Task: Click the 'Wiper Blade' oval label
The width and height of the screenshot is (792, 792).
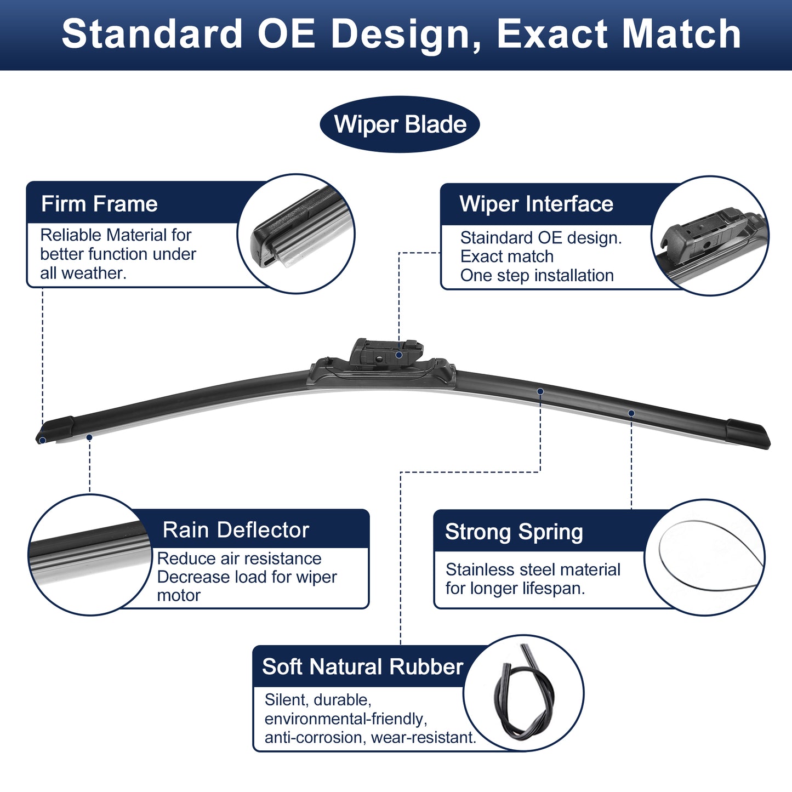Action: (x=400, y=124)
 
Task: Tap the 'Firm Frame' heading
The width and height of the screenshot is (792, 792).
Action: (x=99, y=203)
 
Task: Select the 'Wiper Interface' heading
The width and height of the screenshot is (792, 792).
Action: (x=536, y=203)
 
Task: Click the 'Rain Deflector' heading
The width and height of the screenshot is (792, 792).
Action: (x=236, y=529)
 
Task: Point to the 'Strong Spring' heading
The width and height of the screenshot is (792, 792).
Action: (x=514, y=532)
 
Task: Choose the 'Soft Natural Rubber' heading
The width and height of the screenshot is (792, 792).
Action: (x=362, y=666)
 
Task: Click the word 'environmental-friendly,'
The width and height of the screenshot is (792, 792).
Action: (x=346, y=719)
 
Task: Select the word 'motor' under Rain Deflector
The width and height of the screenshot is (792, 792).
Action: (x=179, y=596)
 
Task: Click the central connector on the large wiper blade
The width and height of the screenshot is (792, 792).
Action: (x=382, y=364)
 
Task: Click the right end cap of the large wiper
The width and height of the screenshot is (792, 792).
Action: (x=748, y=434)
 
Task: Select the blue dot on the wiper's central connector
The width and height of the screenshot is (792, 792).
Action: (x=398, y=355)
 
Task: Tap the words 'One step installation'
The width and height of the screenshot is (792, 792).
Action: (x=537, y=275)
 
